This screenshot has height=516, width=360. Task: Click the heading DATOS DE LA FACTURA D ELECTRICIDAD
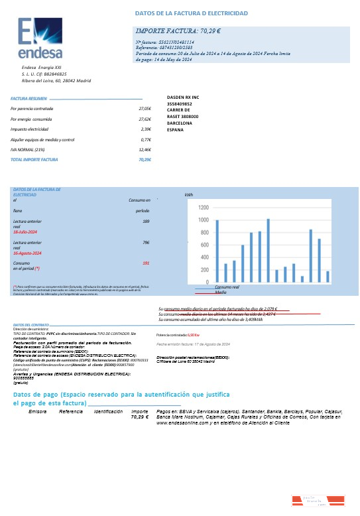point(191,13)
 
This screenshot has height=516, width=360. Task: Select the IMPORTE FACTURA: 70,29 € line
point(178,31)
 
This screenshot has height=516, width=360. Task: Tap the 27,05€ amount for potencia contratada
point(145,107)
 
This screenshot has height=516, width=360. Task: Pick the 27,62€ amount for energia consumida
point(145,119)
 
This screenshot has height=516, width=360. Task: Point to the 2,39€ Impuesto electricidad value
point(146,129)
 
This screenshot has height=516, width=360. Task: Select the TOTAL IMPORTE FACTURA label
point(34,160)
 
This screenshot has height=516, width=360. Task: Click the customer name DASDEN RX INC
point(182,97)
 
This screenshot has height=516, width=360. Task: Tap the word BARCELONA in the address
point(180,123)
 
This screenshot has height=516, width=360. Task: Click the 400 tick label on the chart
point(204,258)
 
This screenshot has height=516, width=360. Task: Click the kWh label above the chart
point(188,196)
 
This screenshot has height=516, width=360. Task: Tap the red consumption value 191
point(146,263)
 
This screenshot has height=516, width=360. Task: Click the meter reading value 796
point(145,243)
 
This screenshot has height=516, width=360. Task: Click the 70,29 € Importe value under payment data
point(139,417)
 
